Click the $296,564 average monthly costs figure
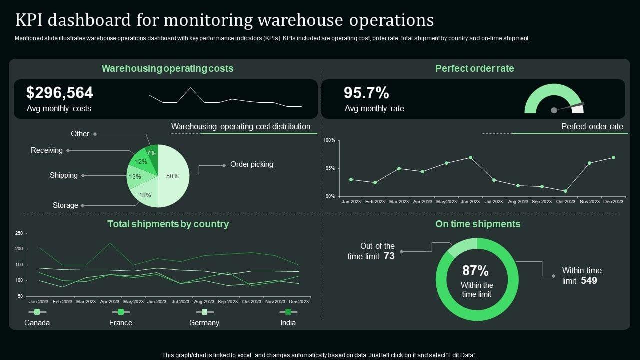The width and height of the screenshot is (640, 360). (x=59, y=93)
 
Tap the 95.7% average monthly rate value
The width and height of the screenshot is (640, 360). (x=366, y=93)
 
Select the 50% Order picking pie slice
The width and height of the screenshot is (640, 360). (x=173, y=176)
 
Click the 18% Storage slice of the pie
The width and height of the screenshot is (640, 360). (x=145, y=195)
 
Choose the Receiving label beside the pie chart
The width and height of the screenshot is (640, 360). (x=47, y=150)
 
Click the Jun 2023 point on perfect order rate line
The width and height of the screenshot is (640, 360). (x=470, y=157)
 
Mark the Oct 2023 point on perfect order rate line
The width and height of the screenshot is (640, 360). (x=565, y=191)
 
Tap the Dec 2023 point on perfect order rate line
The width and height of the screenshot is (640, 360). (x=613, y=157)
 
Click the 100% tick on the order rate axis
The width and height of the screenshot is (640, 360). (x=329, y=140)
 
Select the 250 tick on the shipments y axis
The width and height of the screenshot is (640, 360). (x=19, y=233)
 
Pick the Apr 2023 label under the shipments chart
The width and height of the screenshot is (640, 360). (x=110, y=302)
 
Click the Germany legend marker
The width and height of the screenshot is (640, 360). (x=204, y=312)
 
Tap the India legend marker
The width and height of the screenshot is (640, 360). (x=288, y=312)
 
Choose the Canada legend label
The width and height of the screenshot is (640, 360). (x=37, y=323)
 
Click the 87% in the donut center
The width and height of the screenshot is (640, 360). (x=475, y=271)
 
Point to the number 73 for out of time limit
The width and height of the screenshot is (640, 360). (x=389, y=256)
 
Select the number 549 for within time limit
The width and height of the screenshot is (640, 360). (x=589, y=281)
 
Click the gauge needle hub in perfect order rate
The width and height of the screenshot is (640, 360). (x=553, y=110)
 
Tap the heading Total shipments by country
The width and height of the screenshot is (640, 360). (x=168, y=224)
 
